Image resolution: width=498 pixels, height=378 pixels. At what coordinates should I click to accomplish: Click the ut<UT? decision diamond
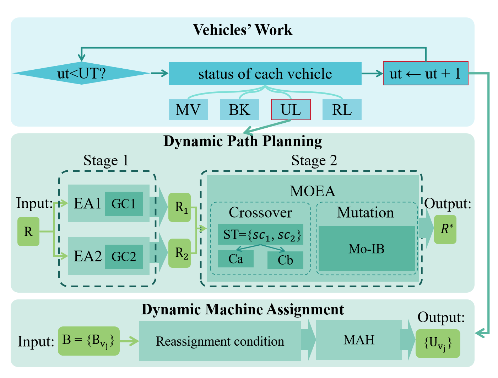pos(81,74)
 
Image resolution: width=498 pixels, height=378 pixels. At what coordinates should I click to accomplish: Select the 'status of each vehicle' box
pos(265,74)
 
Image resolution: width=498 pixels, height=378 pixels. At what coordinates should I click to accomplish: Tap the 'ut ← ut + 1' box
pos(426,74)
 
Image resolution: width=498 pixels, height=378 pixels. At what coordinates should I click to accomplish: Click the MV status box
pos(188,110)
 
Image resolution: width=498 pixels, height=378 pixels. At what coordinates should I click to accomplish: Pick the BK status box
pos(239,110)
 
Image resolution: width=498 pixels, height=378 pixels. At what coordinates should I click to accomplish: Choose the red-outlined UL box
pos(291,110)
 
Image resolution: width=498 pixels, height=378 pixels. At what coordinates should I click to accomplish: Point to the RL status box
pos(342,110)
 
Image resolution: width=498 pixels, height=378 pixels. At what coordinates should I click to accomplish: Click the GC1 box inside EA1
pos(124,204)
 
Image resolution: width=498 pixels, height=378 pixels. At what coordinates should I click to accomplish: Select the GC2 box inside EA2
pos(124,256)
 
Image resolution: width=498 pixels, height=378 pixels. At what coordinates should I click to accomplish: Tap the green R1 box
pos(180,207)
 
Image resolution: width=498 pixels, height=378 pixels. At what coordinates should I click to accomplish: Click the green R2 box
pos(180,253)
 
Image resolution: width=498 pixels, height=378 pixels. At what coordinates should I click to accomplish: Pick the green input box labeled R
pos(28,232)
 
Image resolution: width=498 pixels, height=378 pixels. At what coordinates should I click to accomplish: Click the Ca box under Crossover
pos(236,259)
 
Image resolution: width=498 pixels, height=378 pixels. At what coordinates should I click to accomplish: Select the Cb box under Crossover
pos(285,260)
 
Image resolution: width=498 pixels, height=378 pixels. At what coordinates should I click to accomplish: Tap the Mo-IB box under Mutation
pos(367,249)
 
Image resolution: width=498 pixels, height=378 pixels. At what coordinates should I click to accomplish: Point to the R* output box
pos(445,229)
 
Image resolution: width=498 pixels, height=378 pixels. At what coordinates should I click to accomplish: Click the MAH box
pos(359,340)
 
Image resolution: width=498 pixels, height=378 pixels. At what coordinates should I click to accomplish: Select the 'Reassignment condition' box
pos(220,341)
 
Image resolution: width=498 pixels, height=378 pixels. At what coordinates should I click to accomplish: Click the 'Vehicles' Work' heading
pos(243,30)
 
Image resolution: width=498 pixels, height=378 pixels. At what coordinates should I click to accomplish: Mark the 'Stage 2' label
pos(314,160)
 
